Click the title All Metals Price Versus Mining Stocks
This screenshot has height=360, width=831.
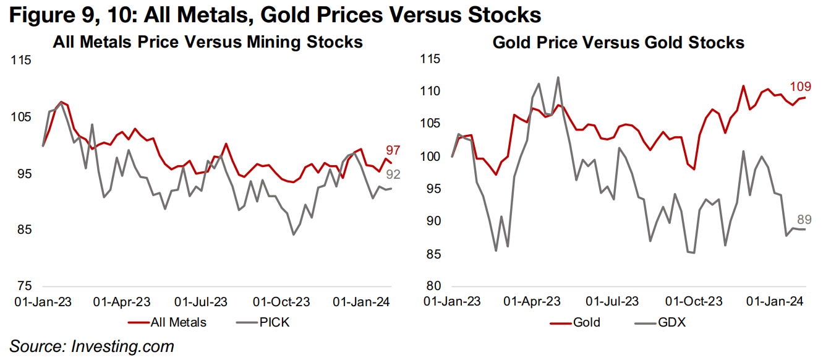click(207, 42)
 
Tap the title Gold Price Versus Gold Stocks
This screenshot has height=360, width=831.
click(618, 42)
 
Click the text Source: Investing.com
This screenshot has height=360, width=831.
click(92, 346)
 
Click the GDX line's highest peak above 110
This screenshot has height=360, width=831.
click(558, 77)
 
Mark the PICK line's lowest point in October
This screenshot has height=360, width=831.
click(294, 234)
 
